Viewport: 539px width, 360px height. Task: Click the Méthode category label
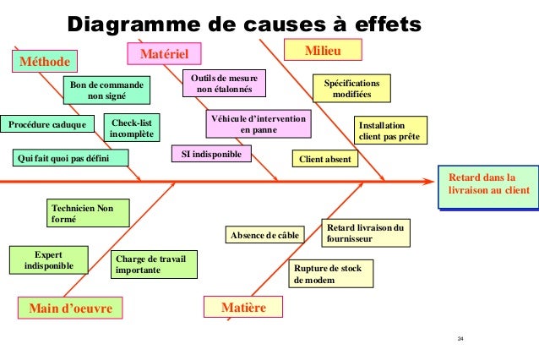click(x=44, y=61)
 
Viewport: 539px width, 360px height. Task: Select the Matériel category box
click(x=165, y=54)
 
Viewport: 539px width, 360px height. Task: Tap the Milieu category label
click(x=326, y=52)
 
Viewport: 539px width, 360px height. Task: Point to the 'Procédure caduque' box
click(x=47, y=125)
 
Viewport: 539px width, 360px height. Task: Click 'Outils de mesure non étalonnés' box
click(x=217, y=83)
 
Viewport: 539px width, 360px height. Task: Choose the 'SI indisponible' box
click(x=211, y=155)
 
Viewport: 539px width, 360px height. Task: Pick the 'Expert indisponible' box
click(x=48, y=259)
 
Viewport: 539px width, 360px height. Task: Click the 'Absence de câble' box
click(x=265, y=235)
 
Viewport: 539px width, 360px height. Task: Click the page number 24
click(x=460, y=339)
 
